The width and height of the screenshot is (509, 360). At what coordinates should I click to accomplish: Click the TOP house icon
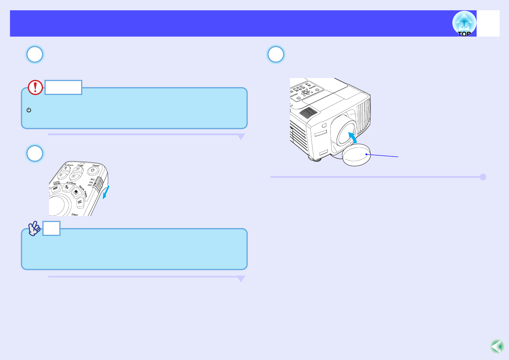464,24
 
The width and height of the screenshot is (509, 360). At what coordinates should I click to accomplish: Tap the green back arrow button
497,346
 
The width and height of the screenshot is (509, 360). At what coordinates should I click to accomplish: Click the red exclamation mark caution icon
35,87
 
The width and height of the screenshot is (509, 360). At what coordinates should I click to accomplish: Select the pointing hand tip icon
34,228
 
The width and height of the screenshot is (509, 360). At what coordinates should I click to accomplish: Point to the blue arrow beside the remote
106,192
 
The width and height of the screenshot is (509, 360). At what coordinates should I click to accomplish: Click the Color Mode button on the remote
55,188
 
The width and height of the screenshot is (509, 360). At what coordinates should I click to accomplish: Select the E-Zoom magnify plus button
66,169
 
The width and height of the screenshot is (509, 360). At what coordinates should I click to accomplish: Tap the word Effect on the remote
75,214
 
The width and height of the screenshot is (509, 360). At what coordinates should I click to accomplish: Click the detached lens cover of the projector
356,155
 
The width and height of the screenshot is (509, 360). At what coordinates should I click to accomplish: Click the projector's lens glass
346,132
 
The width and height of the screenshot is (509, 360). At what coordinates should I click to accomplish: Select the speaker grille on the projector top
308,113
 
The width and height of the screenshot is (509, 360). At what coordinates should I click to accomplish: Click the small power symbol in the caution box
29,110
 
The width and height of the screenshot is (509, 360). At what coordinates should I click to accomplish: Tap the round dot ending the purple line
483,177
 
